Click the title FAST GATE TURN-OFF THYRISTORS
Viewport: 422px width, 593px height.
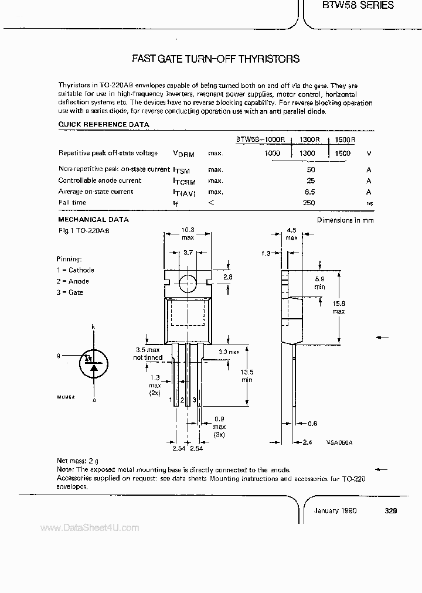point(216,59)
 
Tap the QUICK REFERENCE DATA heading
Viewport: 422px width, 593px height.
point(103,124)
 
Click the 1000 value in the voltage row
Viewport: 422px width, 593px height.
point(273,153)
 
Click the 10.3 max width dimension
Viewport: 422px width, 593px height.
point(187,234)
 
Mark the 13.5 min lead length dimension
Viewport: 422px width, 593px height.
point(247,375)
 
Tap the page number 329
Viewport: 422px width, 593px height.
point(392,510)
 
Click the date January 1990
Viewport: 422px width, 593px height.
point(335,510)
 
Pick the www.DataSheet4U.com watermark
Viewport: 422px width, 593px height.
point(90,528)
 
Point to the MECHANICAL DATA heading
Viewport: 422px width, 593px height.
point(93,220)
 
